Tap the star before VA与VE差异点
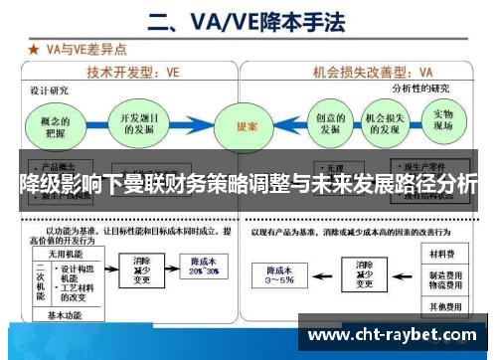33,47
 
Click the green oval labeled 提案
248,127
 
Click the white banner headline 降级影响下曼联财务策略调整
248,184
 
